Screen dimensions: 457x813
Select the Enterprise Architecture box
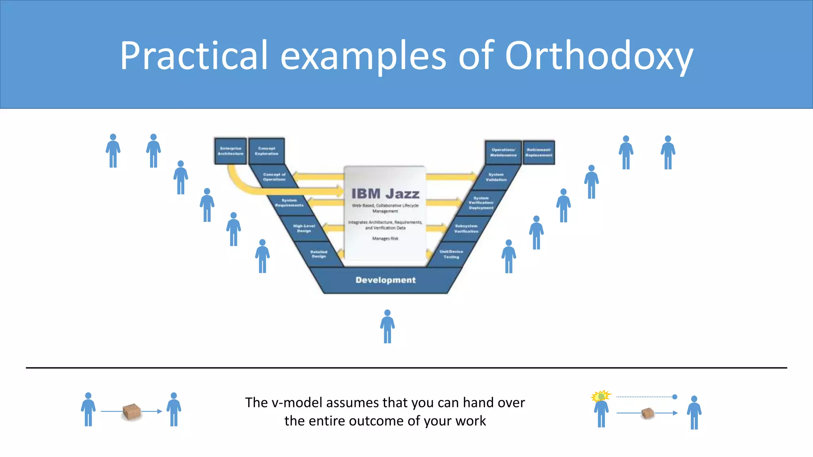pos(231,151)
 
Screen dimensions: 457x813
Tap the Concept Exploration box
pos(267,151)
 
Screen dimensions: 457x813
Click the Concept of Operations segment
pos(274,177)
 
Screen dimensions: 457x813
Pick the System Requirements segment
pos(289,203)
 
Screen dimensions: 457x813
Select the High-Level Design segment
pos(304,228)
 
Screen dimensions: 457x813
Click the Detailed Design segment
pos(319,254)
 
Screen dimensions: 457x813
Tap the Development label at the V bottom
pos(385,280)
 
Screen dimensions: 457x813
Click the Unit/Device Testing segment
pos(451,254)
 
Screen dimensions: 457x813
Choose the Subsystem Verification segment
pos(466,228)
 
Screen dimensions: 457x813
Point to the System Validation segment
pos(496,177)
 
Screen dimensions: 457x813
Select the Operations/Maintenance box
pos(503,152)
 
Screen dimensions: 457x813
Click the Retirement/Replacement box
pos(539,152)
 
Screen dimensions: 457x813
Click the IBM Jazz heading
pos(385,194)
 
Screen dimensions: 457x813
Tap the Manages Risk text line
pos(385,238)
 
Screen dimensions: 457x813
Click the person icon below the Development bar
pos(387,326)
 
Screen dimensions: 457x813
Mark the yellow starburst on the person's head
pos(601,396)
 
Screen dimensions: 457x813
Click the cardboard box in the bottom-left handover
pos(132,412)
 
